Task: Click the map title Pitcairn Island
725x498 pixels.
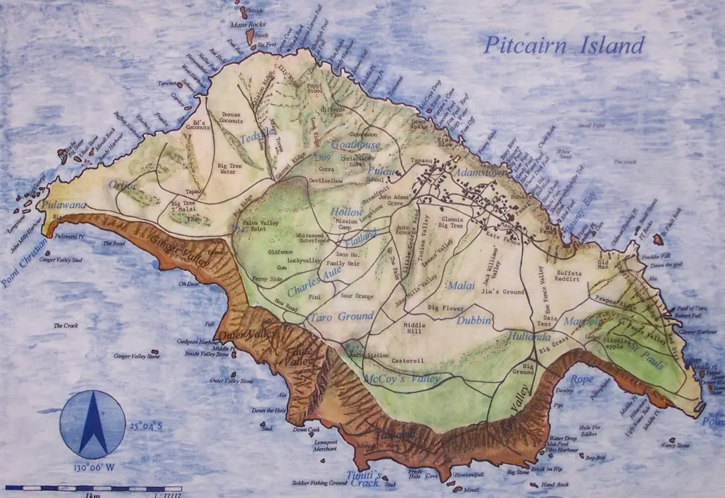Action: click(x=563, y=45)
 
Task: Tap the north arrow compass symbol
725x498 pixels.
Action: click(x=93, y=424)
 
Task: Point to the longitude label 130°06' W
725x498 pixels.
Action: click(x=94, y=467)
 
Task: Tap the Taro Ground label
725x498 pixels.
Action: click(x=341, y=317)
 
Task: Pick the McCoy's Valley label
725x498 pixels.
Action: click(x=402, y=378)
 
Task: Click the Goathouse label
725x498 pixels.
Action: click(x=356, y=144)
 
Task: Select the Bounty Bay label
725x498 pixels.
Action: click(x=580, y=210)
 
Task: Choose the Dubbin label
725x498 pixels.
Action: click(x=474, y=320)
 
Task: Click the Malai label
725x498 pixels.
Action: click(x=462, y=286)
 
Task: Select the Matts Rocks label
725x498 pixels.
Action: click(x=247, y=25)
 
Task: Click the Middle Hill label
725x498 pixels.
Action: click(x=415, y=328)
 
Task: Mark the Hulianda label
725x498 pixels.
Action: click(x=529, y=336)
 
